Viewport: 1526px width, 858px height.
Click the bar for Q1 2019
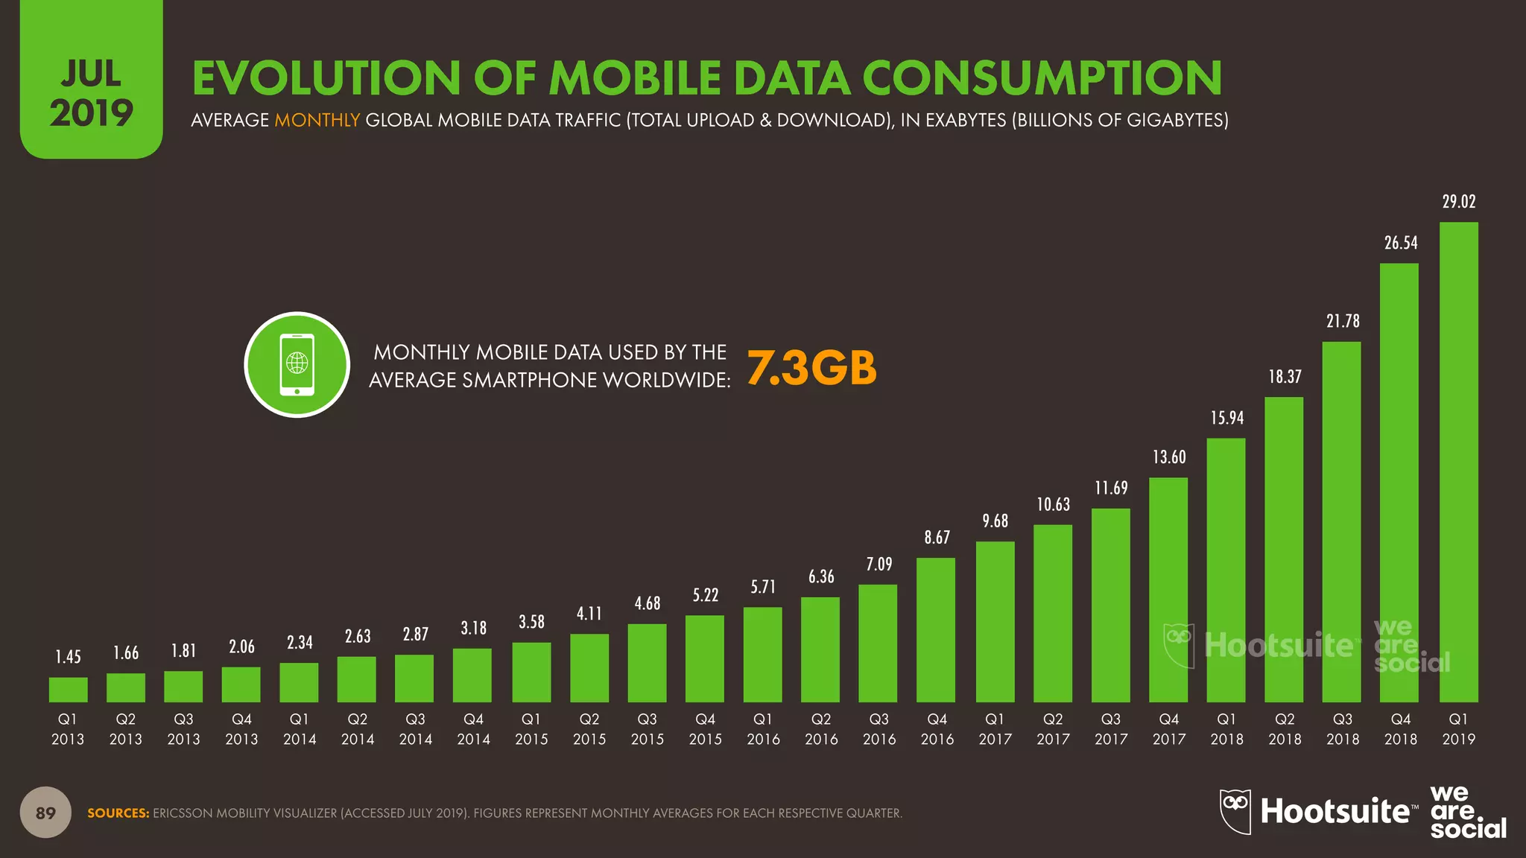point(1458,462)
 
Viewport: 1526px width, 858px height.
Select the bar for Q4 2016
point(936,630)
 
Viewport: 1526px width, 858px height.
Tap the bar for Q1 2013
point(68,690)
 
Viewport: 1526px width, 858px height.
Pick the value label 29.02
point(1458,202)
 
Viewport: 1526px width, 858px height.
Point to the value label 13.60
point(1168,457)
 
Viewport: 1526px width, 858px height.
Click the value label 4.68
point(647,603)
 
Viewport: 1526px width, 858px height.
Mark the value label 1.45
point(68,657)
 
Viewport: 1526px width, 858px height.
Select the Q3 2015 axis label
point(647,729)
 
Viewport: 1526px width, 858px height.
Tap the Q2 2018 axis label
point(1285,729)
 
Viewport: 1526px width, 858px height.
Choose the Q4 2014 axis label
point(473,729)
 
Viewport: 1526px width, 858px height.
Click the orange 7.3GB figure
point(811,368)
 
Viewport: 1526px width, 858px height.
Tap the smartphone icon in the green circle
point(297,365)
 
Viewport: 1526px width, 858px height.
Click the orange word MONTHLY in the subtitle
point(317,120)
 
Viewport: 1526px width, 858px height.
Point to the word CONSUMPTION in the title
point(1042,78)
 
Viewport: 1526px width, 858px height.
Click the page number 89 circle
point(45,813)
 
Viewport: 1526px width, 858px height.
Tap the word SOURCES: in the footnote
point(118,813)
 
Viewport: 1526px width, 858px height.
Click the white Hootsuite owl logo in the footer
point(1235,811)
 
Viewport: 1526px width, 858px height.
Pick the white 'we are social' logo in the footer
point(1466,812)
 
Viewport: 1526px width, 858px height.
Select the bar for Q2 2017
point(1052,614)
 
